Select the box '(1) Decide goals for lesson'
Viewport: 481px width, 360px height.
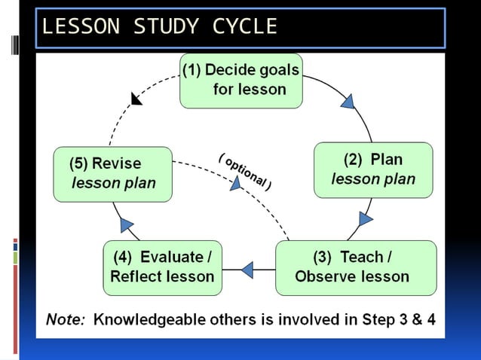tap(240, 80)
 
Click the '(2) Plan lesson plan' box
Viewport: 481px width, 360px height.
tap(373, 169)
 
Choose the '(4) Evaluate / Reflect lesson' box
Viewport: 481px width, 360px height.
tap(162, 267)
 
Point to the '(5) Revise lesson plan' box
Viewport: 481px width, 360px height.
tap(113, 173)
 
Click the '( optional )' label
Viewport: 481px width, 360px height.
tap(245, 171)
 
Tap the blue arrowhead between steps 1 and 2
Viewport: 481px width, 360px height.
tap(348, 101)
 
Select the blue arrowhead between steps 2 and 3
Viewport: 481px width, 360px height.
tap(365, 219)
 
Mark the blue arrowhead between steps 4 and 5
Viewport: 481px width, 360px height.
tap(127, 224)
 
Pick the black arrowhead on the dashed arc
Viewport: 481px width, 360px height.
tap(136, 98)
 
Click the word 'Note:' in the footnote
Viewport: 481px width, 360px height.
tap(66, 319)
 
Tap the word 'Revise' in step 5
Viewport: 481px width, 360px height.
tap(116, 163)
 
